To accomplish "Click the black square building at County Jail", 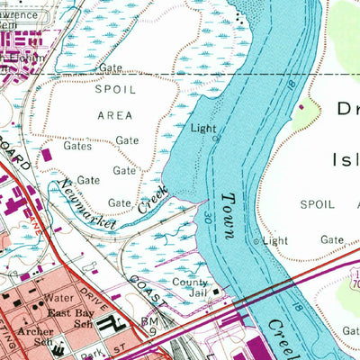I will [215, 291].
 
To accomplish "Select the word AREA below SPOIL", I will [113, 115].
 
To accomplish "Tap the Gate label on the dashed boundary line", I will [111, 67].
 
